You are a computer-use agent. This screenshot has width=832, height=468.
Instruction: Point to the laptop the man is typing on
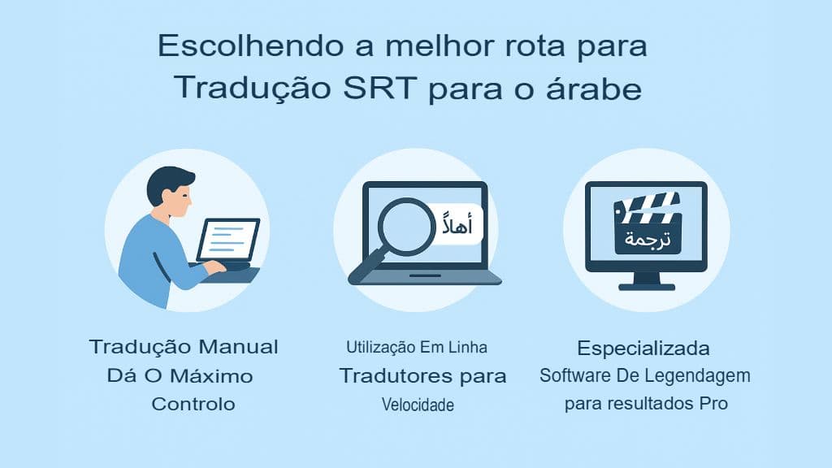228,240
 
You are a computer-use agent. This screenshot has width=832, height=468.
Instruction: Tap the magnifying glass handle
365,267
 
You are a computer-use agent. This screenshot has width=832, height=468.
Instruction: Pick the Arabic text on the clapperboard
647,239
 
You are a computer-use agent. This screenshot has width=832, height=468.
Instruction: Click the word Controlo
193,404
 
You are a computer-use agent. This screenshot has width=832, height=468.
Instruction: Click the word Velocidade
418,405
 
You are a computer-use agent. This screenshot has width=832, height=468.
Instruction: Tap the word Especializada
643,349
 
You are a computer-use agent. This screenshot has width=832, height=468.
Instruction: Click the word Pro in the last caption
713,404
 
